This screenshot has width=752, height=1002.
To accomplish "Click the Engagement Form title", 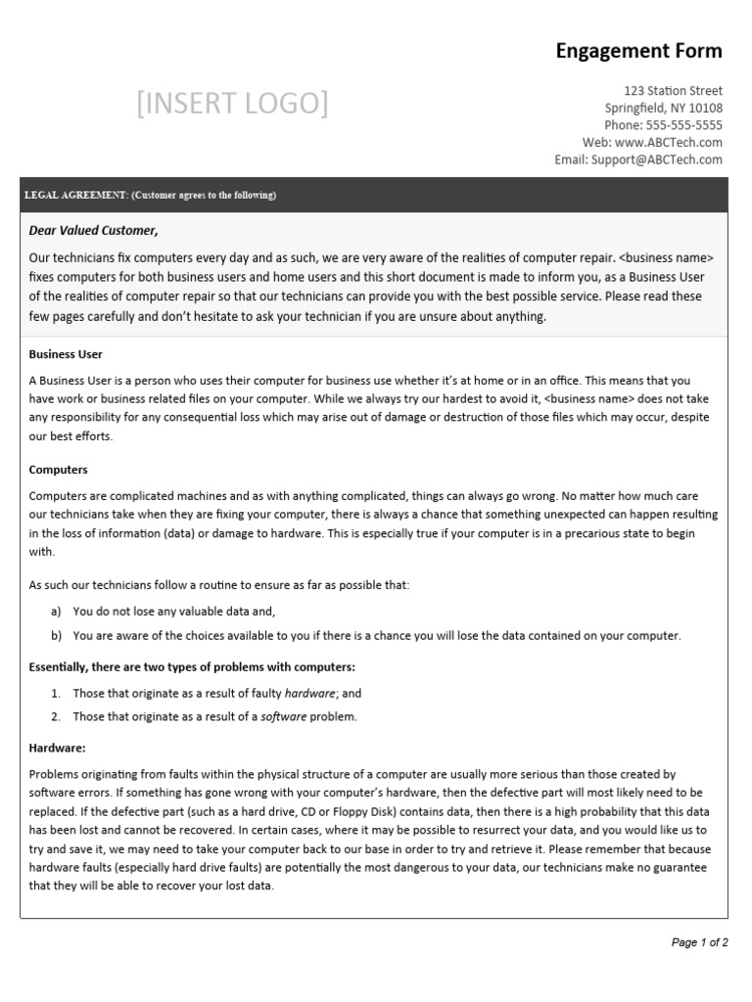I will tap(638, 51).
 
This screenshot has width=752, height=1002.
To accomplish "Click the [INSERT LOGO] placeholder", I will tap(233, 103).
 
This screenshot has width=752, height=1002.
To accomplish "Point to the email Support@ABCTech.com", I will tap(657, 159).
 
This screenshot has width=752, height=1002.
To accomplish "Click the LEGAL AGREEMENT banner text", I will tap(150, 195).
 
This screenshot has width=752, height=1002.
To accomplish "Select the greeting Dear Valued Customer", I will tap(93, 231).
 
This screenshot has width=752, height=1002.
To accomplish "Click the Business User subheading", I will tap(66, 354).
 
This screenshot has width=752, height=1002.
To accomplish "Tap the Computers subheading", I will tap(59, 470).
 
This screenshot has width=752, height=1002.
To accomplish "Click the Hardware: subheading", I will tap(58, 748).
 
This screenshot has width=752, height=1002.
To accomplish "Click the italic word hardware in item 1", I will tap(310, 693).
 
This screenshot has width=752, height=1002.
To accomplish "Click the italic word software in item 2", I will tap(284, 716).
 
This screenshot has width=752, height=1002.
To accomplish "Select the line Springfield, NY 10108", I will tap(664, 108).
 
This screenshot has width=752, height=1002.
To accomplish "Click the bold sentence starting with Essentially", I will tap(192, 667).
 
